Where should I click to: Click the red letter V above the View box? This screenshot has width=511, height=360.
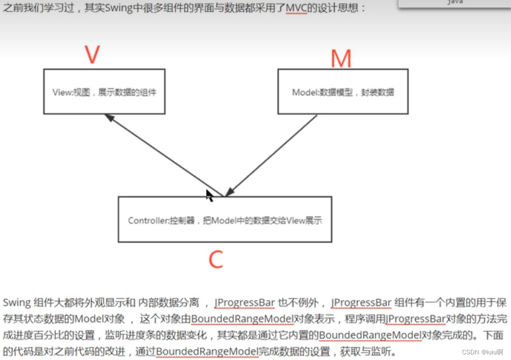92,55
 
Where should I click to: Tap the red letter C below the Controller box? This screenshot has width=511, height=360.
216,260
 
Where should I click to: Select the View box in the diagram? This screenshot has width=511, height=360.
104,91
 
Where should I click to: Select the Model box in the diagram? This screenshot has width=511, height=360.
342,91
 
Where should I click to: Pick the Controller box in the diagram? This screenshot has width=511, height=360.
225,219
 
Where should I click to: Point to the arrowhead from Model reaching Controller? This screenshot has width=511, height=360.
229,191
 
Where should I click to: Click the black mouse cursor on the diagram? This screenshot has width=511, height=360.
209,195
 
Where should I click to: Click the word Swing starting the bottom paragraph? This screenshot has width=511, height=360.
16,302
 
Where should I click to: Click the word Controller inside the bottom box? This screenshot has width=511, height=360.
145,221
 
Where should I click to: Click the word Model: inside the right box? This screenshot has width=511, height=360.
305,93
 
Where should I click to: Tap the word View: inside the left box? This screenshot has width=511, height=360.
63,93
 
